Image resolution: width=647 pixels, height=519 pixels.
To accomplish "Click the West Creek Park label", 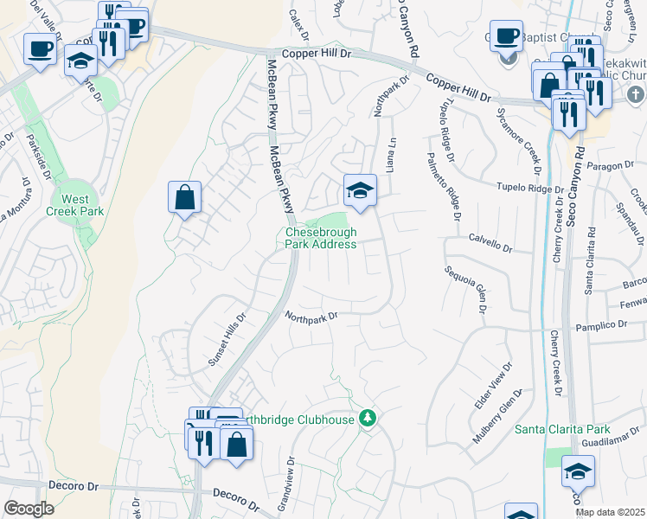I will pos(75,205).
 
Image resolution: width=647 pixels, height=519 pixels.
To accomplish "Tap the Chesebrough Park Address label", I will pos(321,238).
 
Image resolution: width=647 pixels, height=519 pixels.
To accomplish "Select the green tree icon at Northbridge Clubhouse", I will pos(368,419).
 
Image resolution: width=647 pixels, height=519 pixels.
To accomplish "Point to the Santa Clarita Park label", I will pos(562,429).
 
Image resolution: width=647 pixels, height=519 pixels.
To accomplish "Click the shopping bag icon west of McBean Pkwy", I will pos(185,198).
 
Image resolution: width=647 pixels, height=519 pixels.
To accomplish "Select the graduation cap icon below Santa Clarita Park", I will pos(578,472).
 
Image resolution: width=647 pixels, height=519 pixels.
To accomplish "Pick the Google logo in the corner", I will pos(29,509).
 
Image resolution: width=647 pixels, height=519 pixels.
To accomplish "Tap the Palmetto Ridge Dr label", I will pos(442,184).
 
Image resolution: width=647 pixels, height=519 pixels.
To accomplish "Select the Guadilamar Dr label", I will pos(610,441).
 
